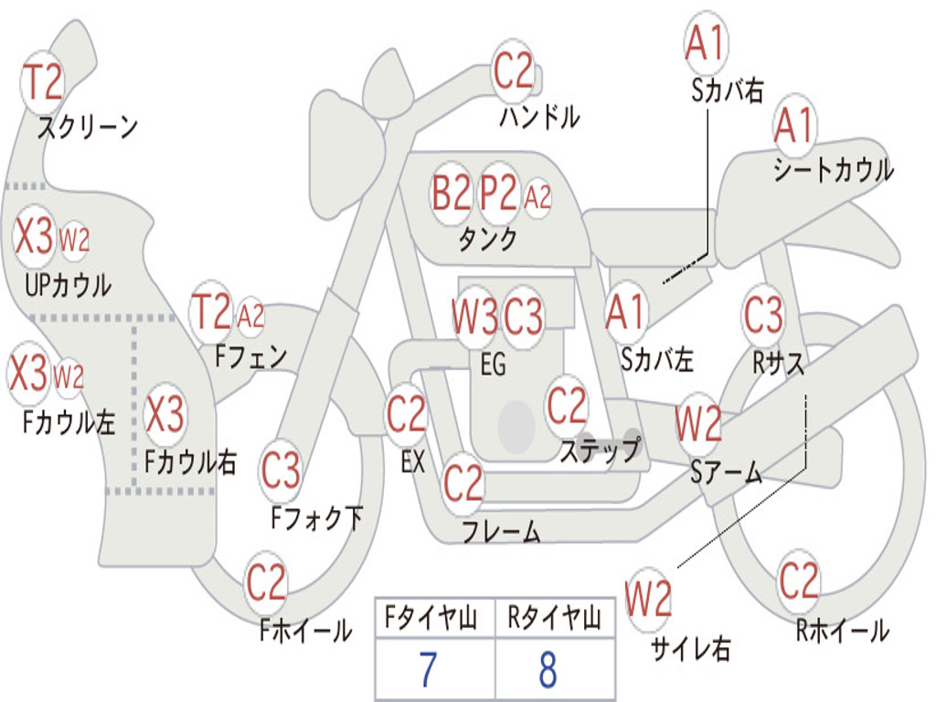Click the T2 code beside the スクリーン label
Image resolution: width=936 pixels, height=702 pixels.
(x=42, y=81)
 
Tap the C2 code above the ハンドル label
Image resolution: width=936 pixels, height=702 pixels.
(x=513, y=71)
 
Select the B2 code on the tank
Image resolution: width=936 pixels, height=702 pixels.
(x=452, y=193)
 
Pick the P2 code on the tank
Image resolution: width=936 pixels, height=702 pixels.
(x=498, y=193)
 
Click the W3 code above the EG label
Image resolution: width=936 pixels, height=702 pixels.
(x=474, y=315)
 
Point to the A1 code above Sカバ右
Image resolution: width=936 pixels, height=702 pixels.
(x=705, y=43)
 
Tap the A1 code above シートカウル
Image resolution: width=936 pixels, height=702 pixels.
(x=794, y=125)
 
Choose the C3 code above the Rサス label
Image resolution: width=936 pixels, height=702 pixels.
(x=763, y=314)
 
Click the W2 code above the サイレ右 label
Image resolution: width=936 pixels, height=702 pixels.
(x=648, y=599)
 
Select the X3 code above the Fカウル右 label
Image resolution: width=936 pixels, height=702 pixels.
(x=165, y=414)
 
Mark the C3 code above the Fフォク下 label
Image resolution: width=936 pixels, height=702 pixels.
(x=281, y=470)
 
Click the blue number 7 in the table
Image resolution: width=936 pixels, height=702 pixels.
(x=428, y=669)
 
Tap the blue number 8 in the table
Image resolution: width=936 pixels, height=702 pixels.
(x=548, y=669)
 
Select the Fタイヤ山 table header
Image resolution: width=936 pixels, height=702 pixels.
(x=431, y=618)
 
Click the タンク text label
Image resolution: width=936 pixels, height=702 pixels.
(x=488, y=239)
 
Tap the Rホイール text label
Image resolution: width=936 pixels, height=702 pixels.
(x=842, y=631)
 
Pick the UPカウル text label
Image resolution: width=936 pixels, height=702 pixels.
(x=68, y=285)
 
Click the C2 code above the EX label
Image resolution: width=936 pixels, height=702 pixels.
(x=407, y=414)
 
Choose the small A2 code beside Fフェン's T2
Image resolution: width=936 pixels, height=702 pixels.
(x=250, y=315)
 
